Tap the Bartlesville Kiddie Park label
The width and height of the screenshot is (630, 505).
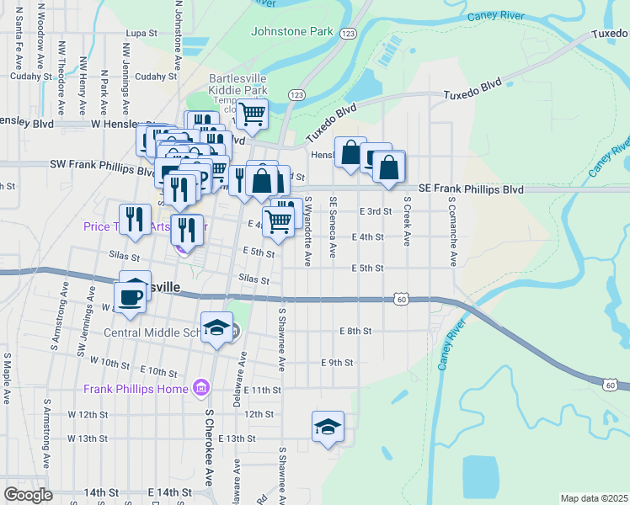[x=250, y=84]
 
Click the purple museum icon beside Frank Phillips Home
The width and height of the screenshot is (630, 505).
[x=201, y=388]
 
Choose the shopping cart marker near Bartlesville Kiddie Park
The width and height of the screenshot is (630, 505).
[x=251, y=114]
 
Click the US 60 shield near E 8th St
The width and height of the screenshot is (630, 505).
[x=402, y=299]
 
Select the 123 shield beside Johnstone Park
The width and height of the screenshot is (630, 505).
[x=349, y=32]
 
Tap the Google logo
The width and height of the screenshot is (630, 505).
[x=28, y=495]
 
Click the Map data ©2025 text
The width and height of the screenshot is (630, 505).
[x=594, y=498]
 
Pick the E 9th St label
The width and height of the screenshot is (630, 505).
[x=336, y=362]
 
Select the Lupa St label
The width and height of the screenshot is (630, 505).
[x=141, y=33]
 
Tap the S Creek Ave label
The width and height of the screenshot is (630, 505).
[x=406, y=221]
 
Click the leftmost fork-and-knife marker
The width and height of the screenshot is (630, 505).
[x=135, y=221]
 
